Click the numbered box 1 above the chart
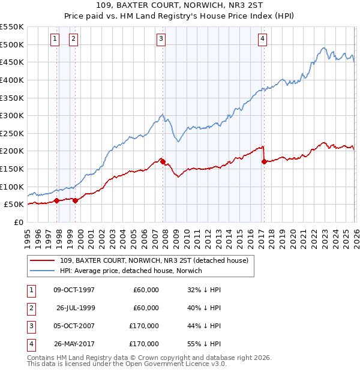point(55,39)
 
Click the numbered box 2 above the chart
point(73,39)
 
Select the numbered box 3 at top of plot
point(161,39)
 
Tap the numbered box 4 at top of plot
point(263,39)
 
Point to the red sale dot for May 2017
point(264,161)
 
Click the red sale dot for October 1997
point(56,200)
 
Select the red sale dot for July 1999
point(76,200)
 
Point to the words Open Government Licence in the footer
point(173,364)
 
